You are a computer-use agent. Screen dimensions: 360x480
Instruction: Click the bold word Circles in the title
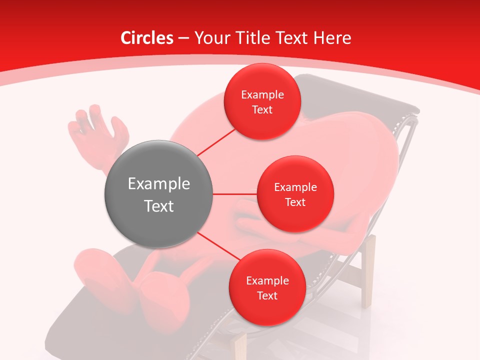click(147, 38)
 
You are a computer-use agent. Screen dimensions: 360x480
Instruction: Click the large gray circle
click(159, 194)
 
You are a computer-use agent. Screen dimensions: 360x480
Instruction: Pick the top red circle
click(262, 101)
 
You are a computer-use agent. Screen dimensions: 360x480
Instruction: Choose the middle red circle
click(295, 194)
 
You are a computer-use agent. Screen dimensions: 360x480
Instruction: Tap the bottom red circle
click(267, 287)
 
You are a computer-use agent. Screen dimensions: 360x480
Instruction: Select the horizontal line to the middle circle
click(235, 194)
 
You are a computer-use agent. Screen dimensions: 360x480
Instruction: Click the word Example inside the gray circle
click(159, 184)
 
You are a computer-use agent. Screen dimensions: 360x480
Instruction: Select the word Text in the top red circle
click(262, 109)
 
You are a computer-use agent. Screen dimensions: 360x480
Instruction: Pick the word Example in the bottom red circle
click(267, 280)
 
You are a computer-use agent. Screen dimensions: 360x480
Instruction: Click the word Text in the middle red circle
click(295, 202)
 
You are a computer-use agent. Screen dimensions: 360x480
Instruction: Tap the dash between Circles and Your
click(183, 38)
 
